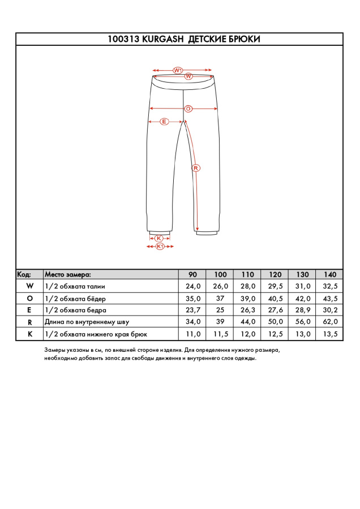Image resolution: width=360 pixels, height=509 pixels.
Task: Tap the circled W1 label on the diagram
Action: (x=177, y=70)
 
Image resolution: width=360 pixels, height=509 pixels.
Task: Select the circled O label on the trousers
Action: (x=188, y=108)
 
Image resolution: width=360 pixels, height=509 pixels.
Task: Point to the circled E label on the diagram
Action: (x=164, y=122)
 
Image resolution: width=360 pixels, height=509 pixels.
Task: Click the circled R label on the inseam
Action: (x=195, y=168)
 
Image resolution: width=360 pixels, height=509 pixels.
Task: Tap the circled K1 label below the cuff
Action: (x=160, y=247)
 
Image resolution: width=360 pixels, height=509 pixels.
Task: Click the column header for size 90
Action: (x=192, y=274)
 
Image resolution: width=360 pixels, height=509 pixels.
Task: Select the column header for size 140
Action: (x=329, y=274)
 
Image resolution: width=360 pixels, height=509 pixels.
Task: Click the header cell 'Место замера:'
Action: (x=67, y=274)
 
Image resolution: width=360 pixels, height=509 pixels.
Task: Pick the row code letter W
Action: (x=29, y=286)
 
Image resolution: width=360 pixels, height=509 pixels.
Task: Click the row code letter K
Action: (x=29, y=334)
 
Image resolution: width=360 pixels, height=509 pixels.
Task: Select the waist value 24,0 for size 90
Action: (x=192, y=286)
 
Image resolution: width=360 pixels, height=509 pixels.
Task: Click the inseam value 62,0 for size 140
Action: (x=329, y=322)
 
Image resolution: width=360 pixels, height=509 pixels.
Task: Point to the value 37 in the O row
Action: (x=220, y=298)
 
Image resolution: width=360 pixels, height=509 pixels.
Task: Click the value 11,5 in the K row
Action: (x=220, y=334)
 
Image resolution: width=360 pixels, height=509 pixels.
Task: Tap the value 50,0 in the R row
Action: (x=275, y=322)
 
